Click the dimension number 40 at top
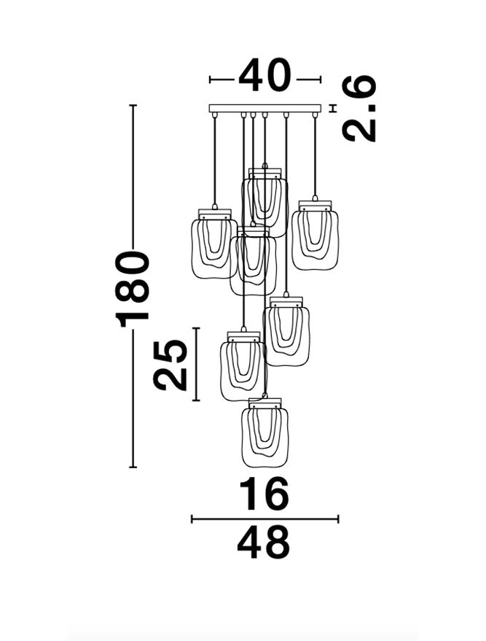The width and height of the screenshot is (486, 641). pos(264,76)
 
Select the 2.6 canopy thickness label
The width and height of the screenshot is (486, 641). pos(359,109)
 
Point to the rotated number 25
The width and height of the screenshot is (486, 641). pos(171,364)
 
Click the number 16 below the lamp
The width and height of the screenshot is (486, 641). pos(264,494)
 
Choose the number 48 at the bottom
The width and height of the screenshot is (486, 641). pos(264,543)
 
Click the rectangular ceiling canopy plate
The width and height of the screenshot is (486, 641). pos(264,109)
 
